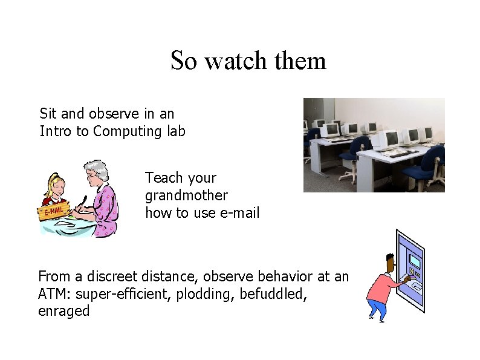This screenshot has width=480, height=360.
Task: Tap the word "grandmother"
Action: (x=186, y=195)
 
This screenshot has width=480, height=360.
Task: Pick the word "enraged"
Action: (x=63, y=311)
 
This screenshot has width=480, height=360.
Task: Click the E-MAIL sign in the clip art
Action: (x=52, y=212)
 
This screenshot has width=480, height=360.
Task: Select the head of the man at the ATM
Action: (x=391, y=261)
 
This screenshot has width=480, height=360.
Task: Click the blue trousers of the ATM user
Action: (x=377, y=308)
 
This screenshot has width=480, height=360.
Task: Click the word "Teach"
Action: (x=164, y=178)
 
